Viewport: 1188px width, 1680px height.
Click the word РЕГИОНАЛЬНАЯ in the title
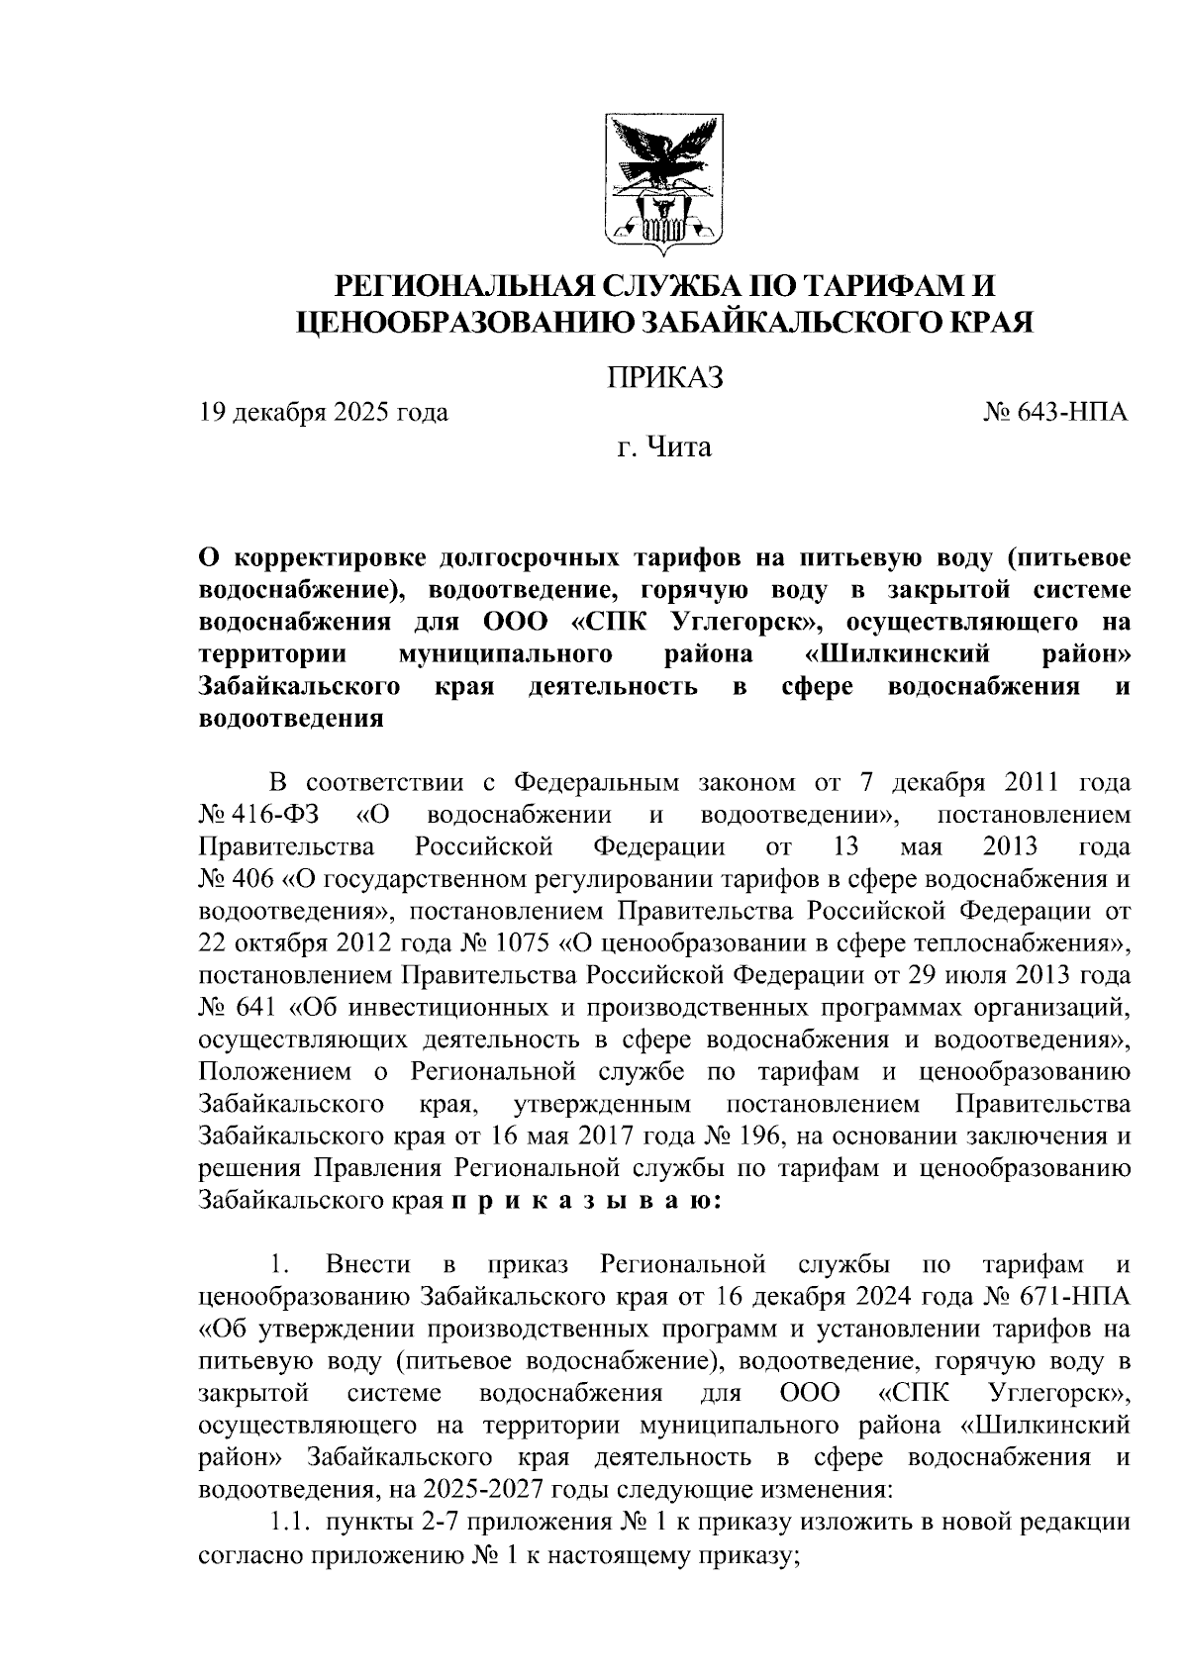pos(463,287)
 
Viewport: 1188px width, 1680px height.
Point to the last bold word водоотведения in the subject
pos(291,720)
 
